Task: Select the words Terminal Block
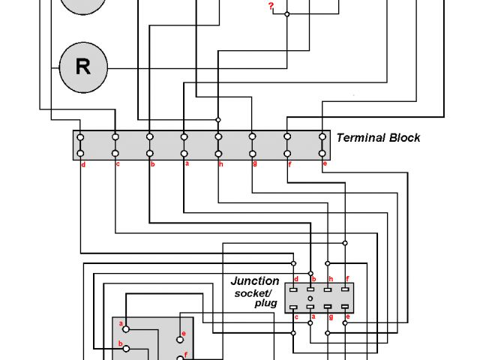click(x=378, y=138)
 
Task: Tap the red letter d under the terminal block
click(x=82, y=163)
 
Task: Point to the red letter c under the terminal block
click(x=118, y=163)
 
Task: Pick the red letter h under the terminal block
click(x=220, y=163)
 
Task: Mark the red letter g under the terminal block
click(x=255, y=163)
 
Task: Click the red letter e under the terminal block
click(x=324, y=163)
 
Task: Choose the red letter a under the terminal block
click(x=187, y=163)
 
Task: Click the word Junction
click(x=254, y=281)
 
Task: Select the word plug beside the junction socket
click(x=265, y=304)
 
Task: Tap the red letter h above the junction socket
click(x=330, y=279)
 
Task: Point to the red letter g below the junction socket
click(x=330, y=317)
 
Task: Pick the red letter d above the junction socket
click(x=296, y=279)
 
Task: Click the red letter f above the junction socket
click(x=346, y=279)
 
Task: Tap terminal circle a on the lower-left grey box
click(x=126, y=328)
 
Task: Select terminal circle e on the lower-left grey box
click(x=180, y=336)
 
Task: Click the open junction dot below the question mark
click(x=286, y=13)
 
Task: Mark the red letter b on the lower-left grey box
click(x=121, y=344)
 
